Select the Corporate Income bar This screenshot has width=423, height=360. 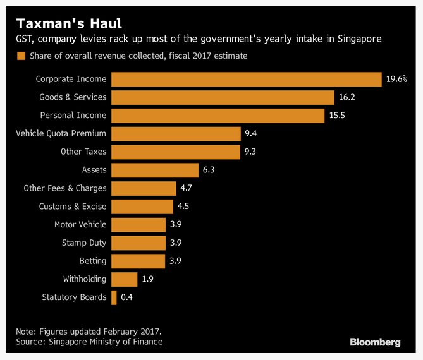247,79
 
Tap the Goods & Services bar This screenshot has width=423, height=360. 223,97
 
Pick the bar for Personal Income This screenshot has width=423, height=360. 218,116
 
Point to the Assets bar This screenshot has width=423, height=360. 155,170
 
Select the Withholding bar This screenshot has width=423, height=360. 125,279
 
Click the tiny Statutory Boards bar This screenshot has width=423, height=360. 114,297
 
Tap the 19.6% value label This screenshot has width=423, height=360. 397,79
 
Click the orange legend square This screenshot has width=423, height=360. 21,56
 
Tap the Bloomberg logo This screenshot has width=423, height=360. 376,342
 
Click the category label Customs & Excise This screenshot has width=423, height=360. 73,207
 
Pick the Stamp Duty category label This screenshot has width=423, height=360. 84,243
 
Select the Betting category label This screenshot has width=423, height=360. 93,261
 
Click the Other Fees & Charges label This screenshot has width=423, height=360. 65,188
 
